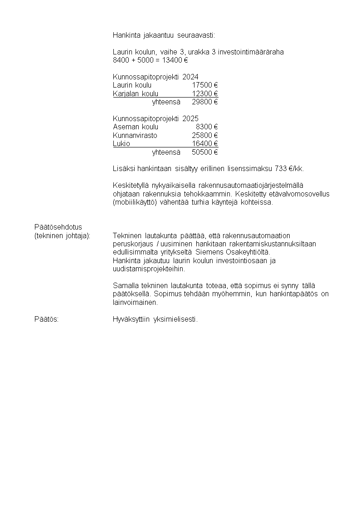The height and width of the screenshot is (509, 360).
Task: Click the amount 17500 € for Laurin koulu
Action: click(205, 85)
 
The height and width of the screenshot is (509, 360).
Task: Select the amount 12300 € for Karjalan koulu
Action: click(205, 93)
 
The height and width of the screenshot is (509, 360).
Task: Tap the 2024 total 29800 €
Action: click(205, 102)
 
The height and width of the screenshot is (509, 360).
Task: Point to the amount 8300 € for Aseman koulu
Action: click(207, 127)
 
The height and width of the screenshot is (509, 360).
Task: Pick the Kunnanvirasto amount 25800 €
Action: click(205, 135)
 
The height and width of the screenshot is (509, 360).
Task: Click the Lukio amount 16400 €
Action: click(205, 143)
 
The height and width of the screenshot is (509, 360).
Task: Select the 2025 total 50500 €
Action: click(205, 152)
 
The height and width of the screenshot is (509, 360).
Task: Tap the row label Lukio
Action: click(122, 143)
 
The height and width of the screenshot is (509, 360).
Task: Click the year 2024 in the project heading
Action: click(190, 77)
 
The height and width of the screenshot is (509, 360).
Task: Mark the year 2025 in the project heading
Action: click(190, 118)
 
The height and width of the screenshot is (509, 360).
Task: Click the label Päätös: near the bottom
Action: click(47, 319)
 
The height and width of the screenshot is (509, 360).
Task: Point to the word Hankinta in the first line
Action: click(126, 35)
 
